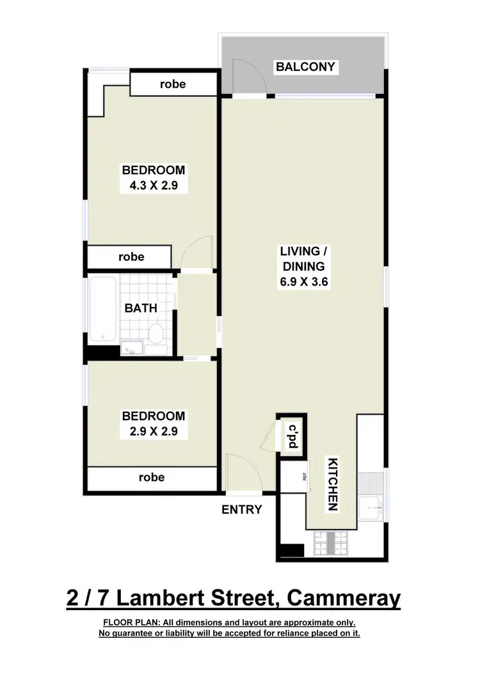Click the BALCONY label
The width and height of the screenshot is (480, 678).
coord(305,67)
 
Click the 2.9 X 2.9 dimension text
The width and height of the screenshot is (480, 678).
coord(154,431)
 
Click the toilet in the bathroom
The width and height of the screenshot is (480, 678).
coord(156,333)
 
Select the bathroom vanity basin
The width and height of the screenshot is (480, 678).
coord(132,349)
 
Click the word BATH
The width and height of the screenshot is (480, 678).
coord(141,308)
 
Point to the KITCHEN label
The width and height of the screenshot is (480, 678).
coord(332,484)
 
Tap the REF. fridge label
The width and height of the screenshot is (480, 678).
coord(305,477)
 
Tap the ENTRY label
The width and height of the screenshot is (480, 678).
coord(242,510)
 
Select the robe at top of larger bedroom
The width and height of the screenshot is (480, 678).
coord(173,84)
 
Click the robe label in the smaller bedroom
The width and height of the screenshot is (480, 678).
coord(151,477)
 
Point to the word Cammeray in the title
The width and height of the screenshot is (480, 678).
coord(344,599)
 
